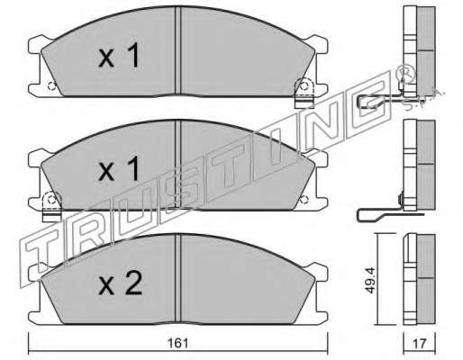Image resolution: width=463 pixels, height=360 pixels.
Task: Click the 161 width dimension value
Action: pos(177,343)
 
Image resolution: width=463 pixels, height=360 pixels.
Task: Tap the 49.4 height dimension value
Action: pos(370,280)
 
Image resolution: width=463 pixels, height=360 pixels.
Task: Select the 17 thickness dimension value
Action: pos(419,344)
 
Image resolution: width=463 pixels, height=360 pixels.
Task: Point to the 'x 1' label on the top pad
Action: pos(119,56)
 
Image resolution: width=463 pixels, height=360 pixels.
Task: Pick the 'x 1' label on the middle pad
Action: pos(119,169)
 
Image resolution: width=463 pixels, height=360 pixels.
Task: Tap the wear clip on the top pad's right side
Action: pos(304,93)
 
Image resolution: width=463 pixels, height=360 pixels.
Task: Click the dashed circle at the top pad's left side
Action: pos(51,86)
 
